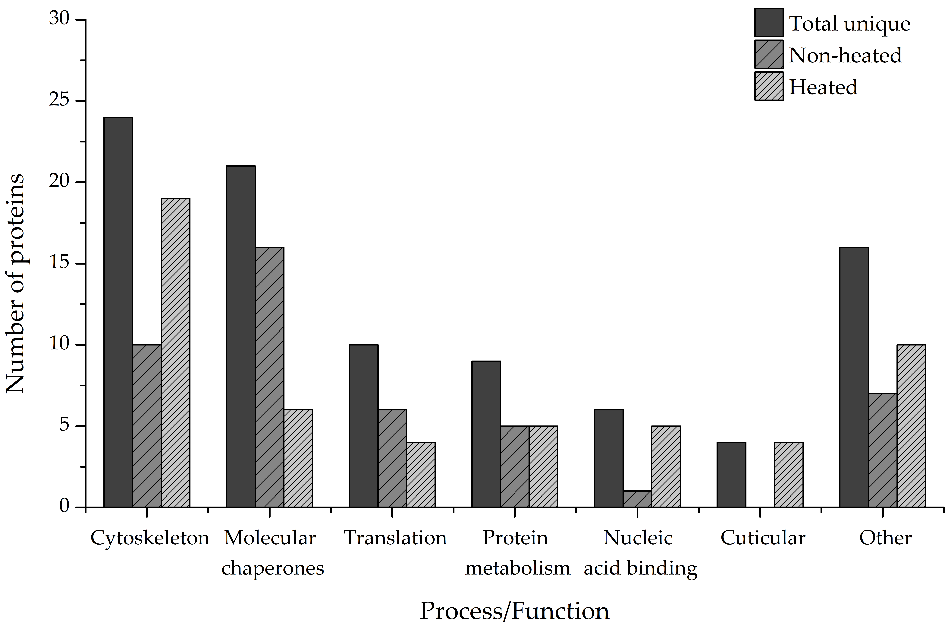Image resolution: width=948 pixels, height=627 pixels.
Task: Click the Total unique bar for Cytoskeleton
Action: tap(118, 312)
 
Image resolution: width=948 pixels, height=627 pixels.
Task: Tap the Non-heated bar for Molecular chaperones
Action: tap(270, 377)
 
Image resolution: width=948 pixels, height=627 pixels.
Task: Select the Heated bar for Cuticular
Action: tap(789, 475)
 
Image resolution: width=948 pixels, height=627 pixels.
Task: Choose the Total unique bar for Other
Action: tap(854, 377)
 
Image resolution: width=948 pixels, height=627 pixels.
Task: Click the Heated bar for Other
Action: tap(911, 426)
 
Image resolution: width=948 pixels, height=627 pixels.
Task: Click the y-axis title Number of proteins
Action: tap(15, 284)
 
